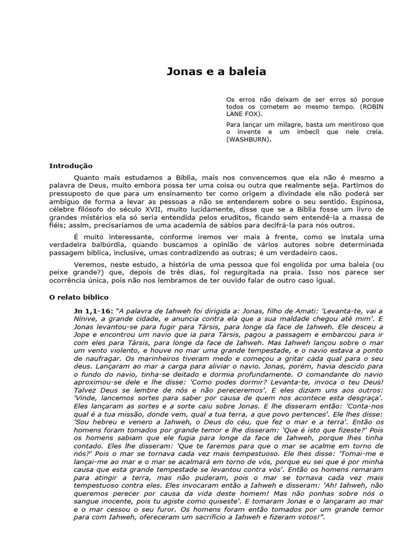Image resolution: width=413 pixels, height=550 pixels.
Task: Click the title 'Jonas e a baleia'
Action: (215, 71)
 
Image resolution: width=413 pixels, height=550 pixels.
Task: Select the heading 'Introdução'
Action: (71, 166)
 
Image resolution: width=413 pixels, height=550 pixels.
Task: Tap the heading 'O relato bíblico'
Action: (79, 297)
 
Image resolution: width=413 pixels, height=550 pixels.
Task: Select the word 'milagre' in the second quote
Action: (272, 125)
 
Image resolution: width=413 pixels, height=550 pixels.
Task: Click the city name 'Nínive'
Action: (86, 319)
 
